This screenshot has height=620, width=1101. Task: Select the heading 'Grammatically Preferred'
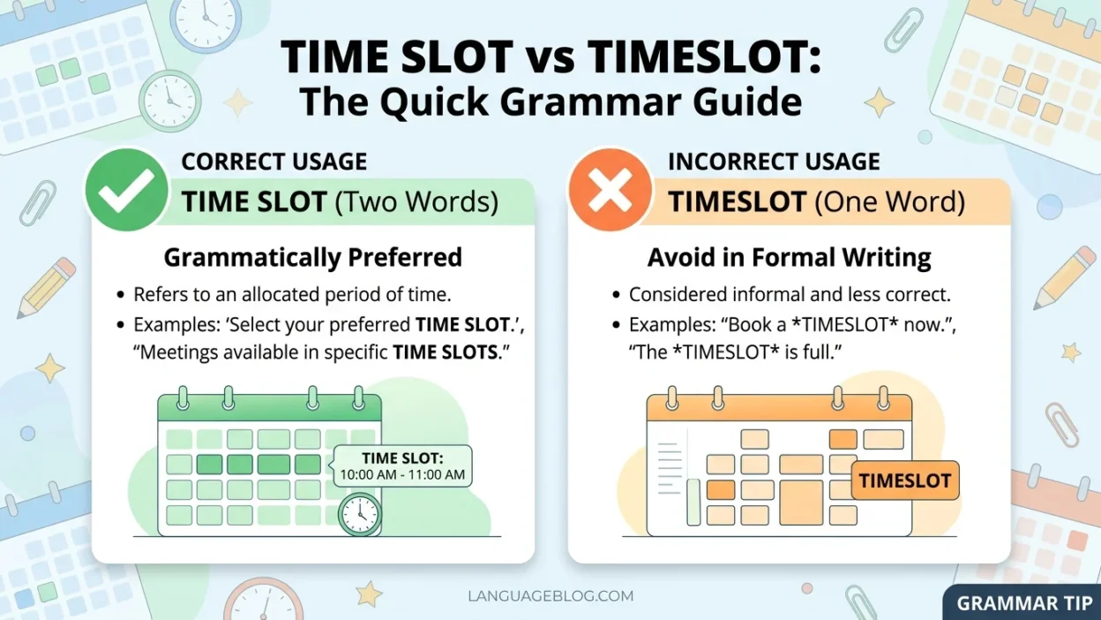[313, 257]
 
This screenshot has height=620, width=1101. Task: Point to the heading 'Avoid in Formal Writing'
[789, 257]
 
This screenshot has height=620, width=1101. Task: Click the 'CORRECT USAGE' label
[274, 162]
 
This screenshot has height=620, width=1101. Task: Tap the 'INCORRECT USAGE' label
[774, 162]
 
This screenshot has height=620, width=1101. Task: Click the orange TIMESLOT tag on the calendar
[905, 481]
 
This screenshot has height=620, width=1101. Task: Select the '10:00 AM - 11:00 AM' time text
[402, 474]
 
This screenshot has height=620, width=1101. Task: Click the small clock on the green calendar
[359, 512]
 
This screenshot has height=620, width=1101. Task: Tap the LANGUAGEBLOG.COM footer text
[550, 596]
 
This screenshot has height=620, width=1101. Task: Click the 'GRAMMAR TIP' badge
[1025, 603]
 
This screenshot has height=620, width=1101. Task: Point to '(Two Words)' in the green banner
[416, 202]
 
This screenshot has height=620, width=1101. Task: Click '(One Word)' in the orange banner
[889, 202]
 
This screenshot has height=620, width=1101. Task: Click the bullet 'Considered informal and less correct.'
[790, 295]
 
